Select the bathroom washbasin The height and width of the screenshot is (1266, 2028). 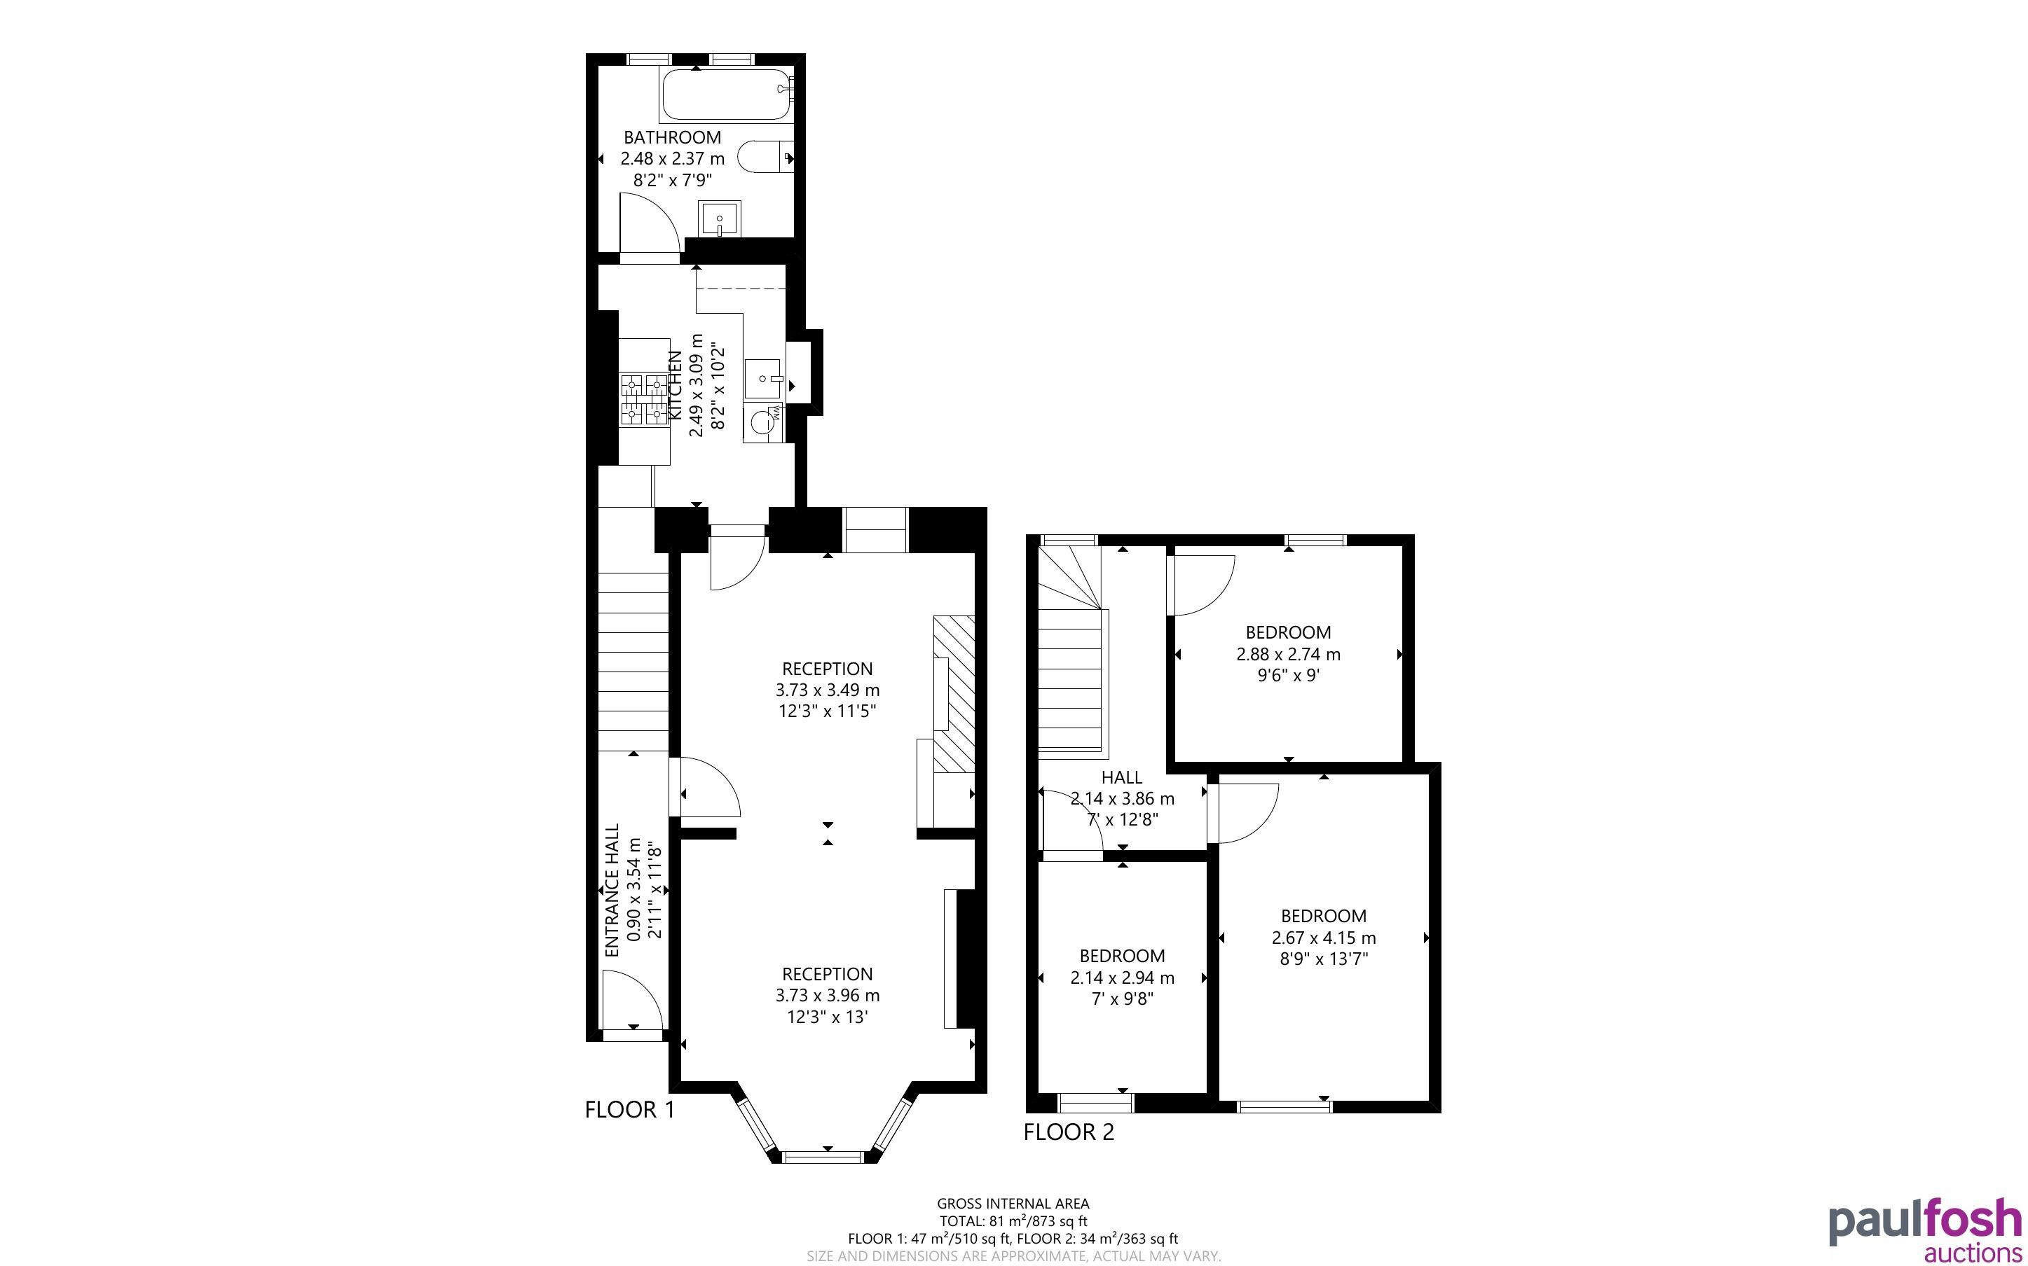coord(720,218)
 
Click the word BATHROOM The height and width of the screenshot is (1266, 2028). coord(672,137)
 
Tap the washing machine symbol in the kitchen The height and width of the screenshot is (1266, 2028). coord(765,423)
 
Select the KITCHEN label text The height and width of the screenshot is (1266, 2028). coord(674,385)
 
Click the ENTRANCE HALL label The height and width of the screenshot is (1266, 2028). coord(612,890)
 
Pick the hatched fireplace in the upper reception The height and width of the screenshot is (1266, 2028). coord(954,694)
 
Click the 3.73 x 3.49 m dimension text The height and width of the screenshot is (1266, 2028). coord(828,690)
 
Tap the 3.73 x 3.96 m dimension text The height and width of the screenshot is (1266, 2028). coord(828,996)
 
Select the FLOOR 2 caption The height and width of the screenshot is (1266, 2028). coord(1069,1132)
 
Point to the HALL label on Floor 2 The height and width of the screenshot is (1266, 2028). coord(1122,777)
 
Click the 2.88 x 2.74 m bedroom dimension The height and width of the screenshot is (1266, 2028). coord(1288,654)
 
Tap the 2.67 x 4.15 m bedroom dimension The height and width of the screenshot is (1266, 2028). coord(1324,938)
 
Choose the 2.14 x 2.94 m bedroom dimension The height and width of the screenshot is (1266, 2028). coord(1123,977)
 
